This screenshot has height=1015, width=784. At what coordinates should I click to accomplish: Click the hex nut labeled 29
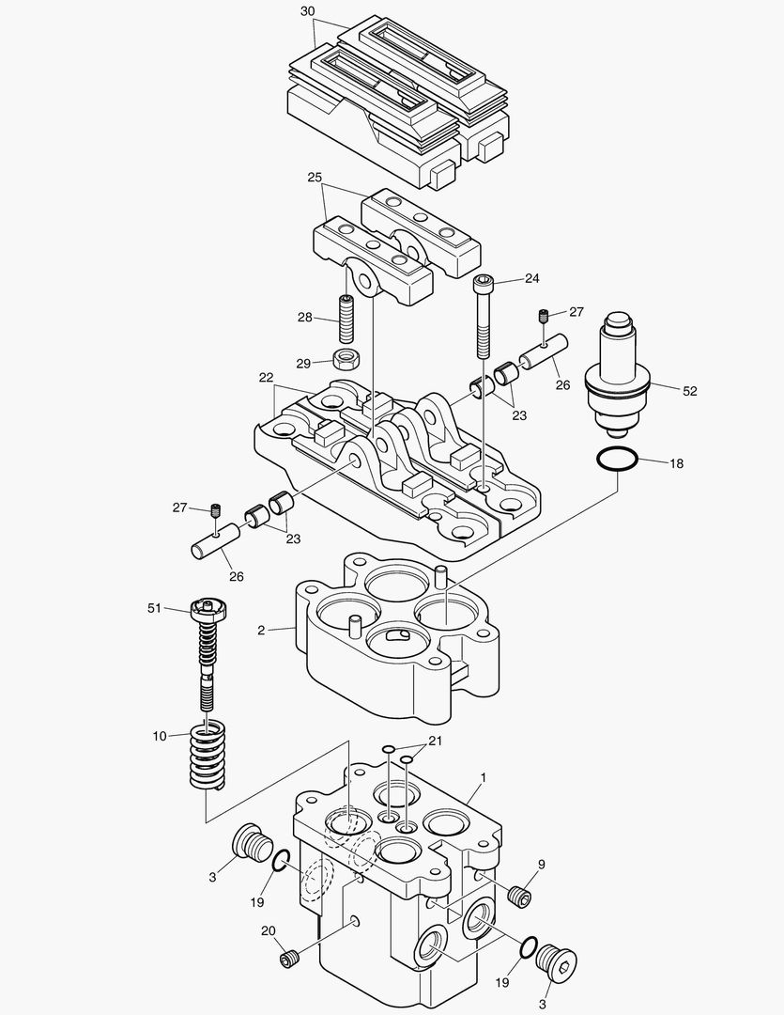[x=347, y=358]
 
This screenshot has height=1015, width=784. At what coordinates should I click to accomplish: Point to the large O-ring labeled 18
[x=617, y=461]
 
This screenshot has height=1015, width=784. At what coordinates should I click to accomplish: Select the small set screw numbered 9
[x=518, y=896]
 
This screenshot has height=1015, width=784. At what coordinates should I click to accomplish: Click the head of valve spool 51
[x=208, y=609]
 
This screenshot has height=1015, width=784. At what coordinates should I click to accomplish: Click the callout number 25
[x=315, y=177]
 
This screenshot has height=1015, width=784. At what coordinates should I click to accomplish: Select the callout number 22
[x=267, y=377]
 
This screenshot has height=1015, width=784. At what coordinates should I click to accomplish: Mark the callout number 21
[x=435, y=741]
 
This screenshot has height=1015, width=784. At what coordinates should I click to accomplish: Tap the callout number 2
[x=261, y=631]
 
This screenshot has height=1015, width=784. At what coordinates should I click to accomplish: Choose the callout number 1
[x=483, y=777]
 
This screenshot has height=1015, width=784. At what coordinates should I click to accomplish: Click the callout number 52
[x=690, y=391]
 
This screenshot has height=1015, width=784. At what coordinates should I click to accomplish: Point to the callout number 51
[x=155, y=608]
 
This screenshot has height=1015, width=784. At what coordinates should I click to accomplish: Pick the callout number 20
[x=268, y=930]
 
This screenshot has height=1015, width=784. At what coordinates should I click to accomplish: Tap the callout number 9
[x=541, y=864]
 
